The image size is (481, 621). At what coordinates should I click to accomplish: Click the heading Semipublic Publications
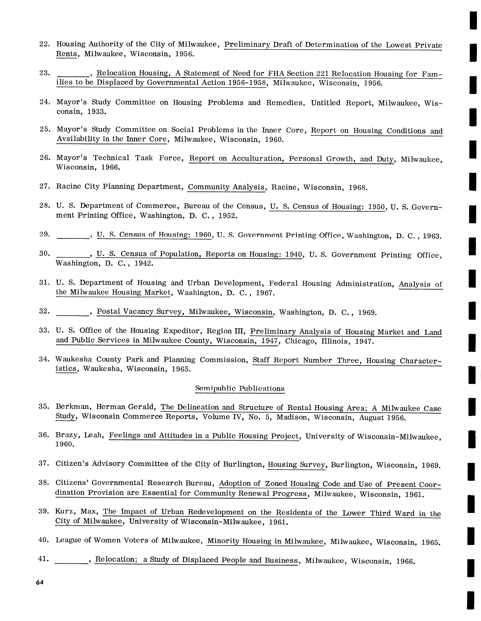[240, 388]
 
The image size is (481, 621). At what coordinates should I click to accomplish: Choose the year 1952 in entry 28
[228, 216]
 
